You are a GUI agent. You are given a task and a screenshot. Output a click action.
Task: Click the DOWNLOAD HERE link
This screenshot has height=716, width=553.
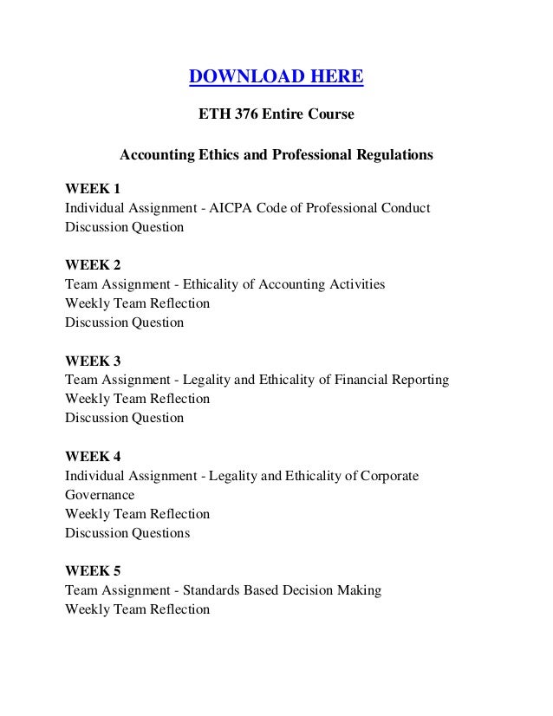[x=276, y=79]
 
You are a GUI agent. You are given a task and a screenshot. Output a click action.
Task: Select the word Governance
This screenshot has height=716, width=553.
[x=100, y=495]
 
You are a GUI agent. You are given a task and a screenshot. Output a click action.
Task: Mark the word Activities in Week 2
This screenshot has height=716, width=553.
[x=356, y=284]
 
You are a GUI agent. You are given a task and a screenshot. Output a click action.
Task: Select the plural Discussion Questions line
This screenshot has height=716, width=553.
[x=127, y=533]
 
